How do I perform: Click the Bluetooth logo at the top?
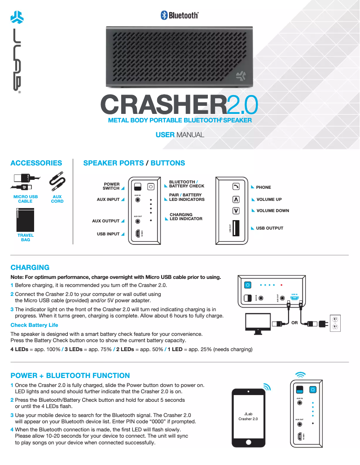tap(180, 15)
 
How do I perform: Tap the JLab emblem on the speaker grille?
tap(240, 76)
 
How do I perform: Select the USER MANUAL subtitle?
tap(180, 135)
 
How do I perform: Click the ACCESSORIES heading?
tap(36, 163)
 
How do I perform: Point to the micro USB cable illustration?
tap(25, 182)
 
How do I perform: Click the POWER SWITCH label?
tap(112, 186)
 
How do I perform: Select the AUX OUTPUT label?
tap(106, 221)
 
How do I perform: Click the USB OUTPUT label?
tap(269, 228)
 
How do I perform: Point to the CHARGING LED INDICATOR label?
tap(186, 217)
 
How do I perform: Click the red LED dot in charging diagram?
tap(281, 285)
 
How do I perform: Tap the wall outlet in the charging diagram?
tap(334, 323)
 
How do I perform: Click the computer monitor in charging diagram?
tap(258, 323)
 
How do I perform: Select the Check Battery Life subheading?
tap(35, 325)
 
